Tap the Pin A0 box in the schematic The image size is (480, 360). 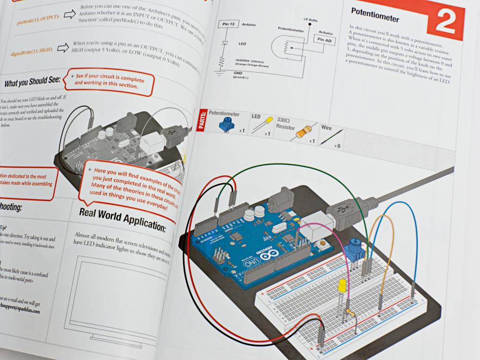tap(322, 40)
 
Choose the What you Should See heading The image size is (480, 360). tap(32, 83)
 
